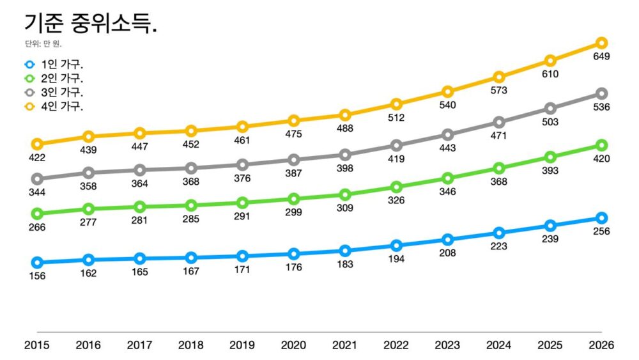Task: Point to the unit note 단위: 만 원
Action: coord(44,44)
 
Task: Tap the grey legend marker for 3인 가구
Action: coord(29,93)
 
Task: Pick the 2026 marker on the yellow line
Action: coord(601,43)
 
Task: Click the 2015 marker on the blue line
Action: coord(37,262)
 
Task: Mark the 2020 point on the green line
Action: coord(293,199)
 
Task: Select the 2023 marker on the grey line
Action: coord(448,134)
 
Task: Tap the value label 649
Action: coord(601,56)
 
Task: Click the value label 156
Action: coord(37,276)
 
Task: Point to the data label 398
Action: coord(345,168)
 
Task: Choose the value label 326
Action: coord(396,201)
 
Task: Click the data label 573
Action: coord(498,91)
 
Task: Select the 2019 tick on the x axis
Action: coord(242,345)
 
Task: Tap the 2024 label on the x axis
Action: coord(498,345)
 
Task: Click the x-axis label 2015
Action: coord(37,345)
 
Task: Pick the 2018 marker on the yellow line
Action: coord(191,131)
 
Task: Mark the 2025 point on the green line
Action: coord(550,157)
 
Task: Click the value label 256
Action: coord(601,231)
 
